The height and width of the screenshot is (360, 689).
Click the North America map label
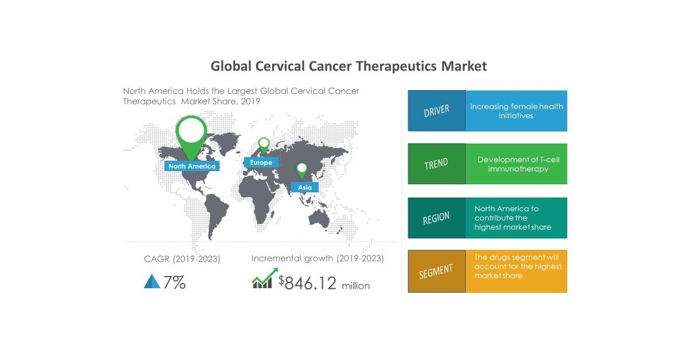coord(192,166)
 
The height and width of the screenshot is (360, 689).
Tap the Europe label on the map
coord(261,162)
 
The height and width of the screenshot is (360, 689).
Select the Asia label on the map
coord(305,187)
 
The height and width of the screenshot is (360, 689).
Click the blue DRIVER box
coord(436,111)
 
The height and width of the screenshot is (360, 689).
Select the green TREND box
coord(436,164)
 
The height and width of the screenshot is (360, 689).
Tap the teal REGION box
coord(436,218)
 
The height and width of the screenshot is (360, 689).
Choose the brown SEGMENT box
coord(436,272)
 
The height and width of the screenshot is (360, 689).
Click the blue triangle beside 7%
coord(152,281)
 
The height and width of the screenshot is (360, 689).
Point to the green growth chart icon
coord(262,281)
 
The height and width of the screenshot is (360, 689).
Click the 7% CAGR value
coord(175,282)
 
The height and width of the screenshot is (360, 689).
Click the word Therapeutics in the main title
coord(396,66)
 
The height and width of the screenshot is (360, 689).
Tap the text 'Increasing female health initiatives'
coord(516,111)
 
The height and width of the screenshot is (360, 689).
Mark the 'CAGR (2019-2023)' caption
coord(182,259)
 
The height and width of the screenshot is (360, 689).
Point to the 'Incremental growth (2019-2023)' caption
coord(318,258)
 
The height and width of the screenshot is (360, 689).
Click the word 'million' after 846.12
coord(356,285)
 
